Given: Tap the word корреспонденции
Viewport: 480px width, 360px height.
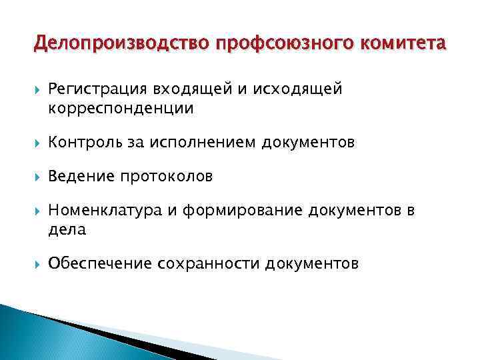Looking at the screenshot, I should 121,108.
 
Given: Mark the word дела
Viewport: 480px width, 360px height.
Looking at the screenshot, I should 67,229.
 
